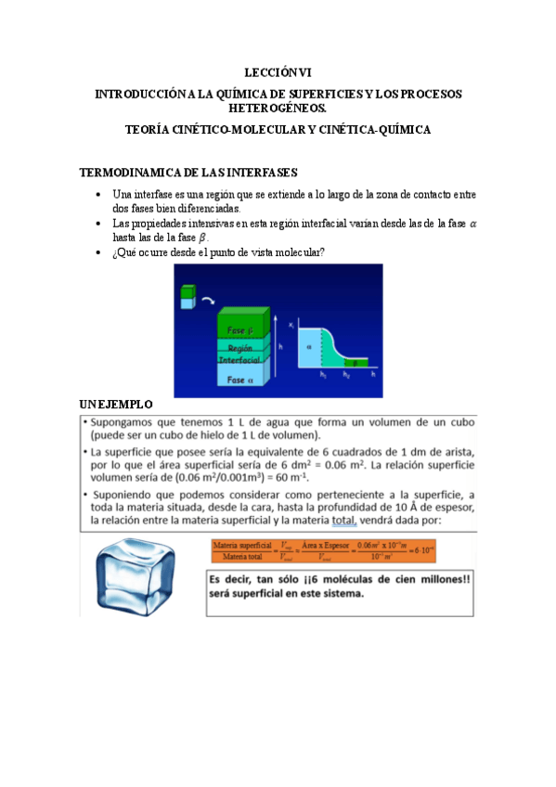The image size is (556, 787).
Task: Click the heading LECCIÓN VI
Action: (x=278, y=71)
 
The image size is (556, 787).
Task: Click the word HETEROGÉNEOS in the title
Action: (x=278, y=108)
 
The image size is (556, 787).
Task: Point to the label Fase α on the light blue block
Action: (x=240, y=380)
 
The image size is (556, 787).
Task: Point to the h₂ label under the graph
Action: (x=345, y=375)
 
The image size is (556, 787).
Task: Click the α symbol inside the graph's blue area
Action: (x=309, y=344)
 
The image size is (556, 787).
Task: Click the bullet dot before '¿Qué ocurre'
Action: (x=98, y=253)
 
